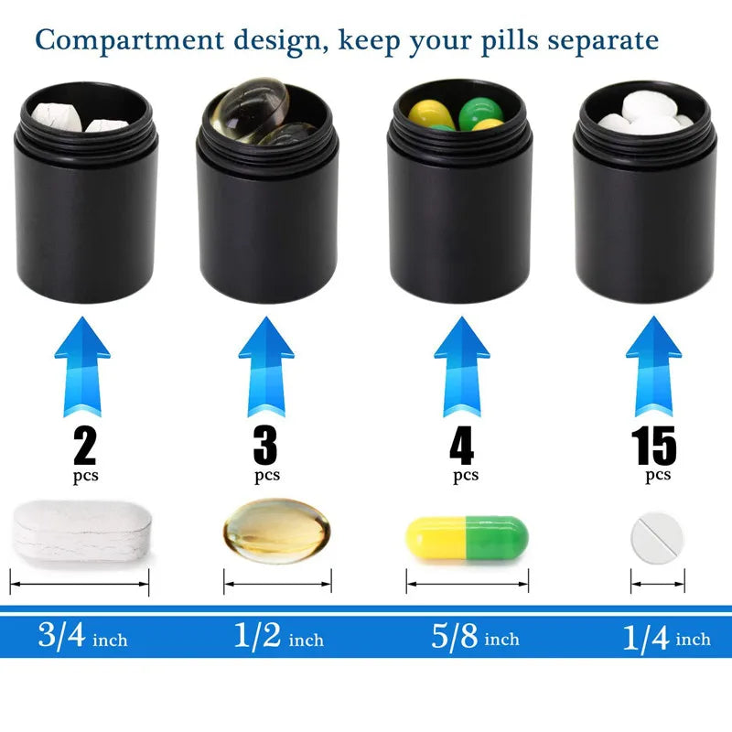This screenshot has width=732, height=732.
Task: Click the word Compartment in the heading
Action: coord(129,40)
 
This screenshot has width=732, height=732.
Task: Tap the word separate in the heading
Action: coord(603,41)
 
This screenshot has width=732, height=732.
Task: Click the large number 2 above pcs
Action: coord(85,447)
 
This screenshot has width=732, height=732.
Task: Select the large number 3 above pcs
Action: coord(265,447)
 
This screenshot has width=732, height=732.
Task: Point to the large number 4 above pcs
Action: coord(462,447)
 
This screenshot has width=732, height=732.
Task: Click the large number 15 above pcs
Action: coord(653,446)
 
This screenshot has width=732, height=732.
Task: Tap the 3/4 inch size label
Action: coord(82,636)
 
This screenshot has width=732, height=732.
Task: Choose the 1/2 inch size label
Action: coord(279,636)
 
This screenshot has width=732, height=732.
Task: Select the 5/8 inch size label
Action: coord(475,636)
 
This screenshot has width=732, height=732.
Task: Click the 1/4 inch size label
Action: coord(667,637)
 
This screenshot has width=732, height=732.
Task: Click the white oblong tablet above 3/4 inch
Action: coord(81,533)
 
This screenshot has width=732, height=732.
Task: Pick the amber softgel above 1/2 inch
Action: coord(277,531)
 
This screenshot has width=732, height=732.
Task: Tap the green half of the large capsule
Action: coord(497,537)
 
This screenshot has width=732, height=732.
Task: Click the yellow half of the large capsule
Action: coord(436,537)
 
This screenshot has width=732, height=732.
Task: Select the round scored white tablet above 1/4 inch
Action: coord(657,538)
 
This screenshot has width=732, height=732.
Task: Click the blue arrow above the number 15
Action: coord(653,367)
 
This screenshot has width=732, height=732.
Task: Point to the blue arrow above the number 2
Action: coord(82,367)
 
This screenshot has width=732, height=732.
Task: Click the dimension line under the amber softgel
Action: coord(277,584)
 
